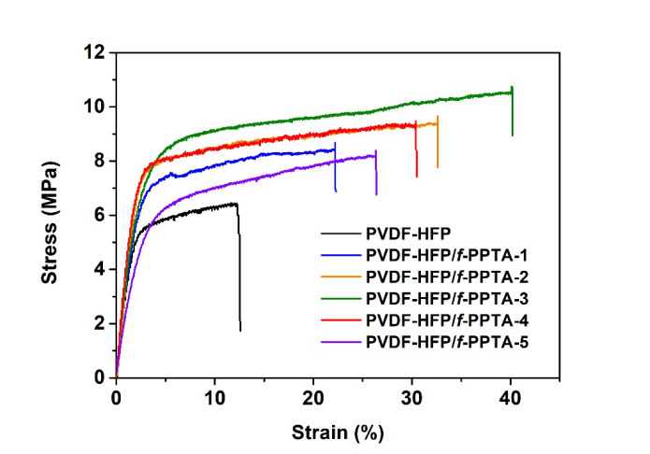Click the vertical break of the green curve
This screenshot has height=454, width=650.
(512, 112)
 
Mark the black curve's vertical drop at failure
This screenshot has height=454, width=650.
(239, 271)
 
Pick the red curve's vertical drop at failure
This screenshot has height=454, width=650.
(416, 149)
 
